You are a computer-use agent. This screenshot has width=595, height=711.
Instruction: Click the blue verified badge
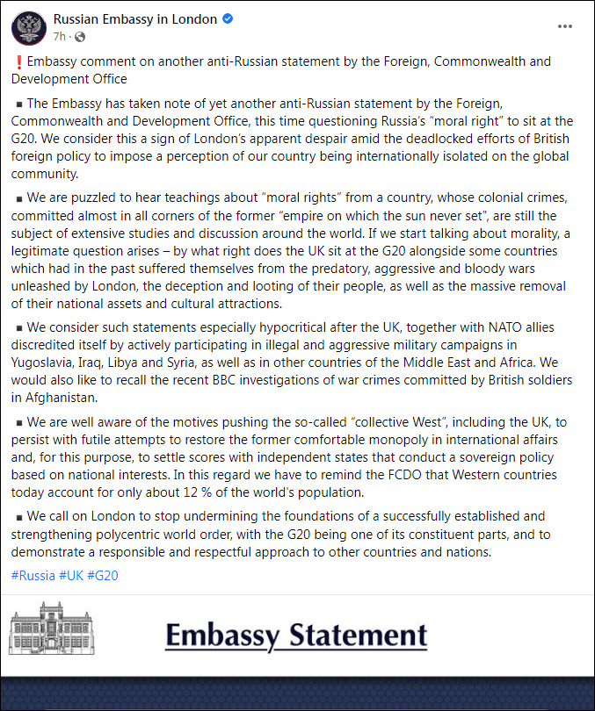pos(228,19)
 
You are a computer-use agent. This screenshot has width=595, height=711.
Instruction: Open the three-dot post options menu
pos(565,26)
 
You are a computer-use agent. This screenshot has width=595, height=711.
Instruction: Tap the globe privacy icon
pos(80,37)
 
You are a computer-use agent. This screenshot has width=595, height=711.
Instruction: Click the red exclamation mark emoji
pos(18,62)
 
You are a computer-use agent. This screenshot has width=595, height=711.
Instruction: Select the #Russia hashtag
pos(33,576)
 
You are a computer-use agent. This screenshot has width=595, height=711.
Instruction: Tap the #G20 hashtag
pos(103,576)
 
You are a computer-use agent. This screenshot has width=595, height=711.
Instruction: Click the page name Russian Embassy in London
pos(134,19)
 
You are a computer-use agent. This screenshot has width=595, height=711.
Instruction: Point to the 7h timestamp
pos(60,37)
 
